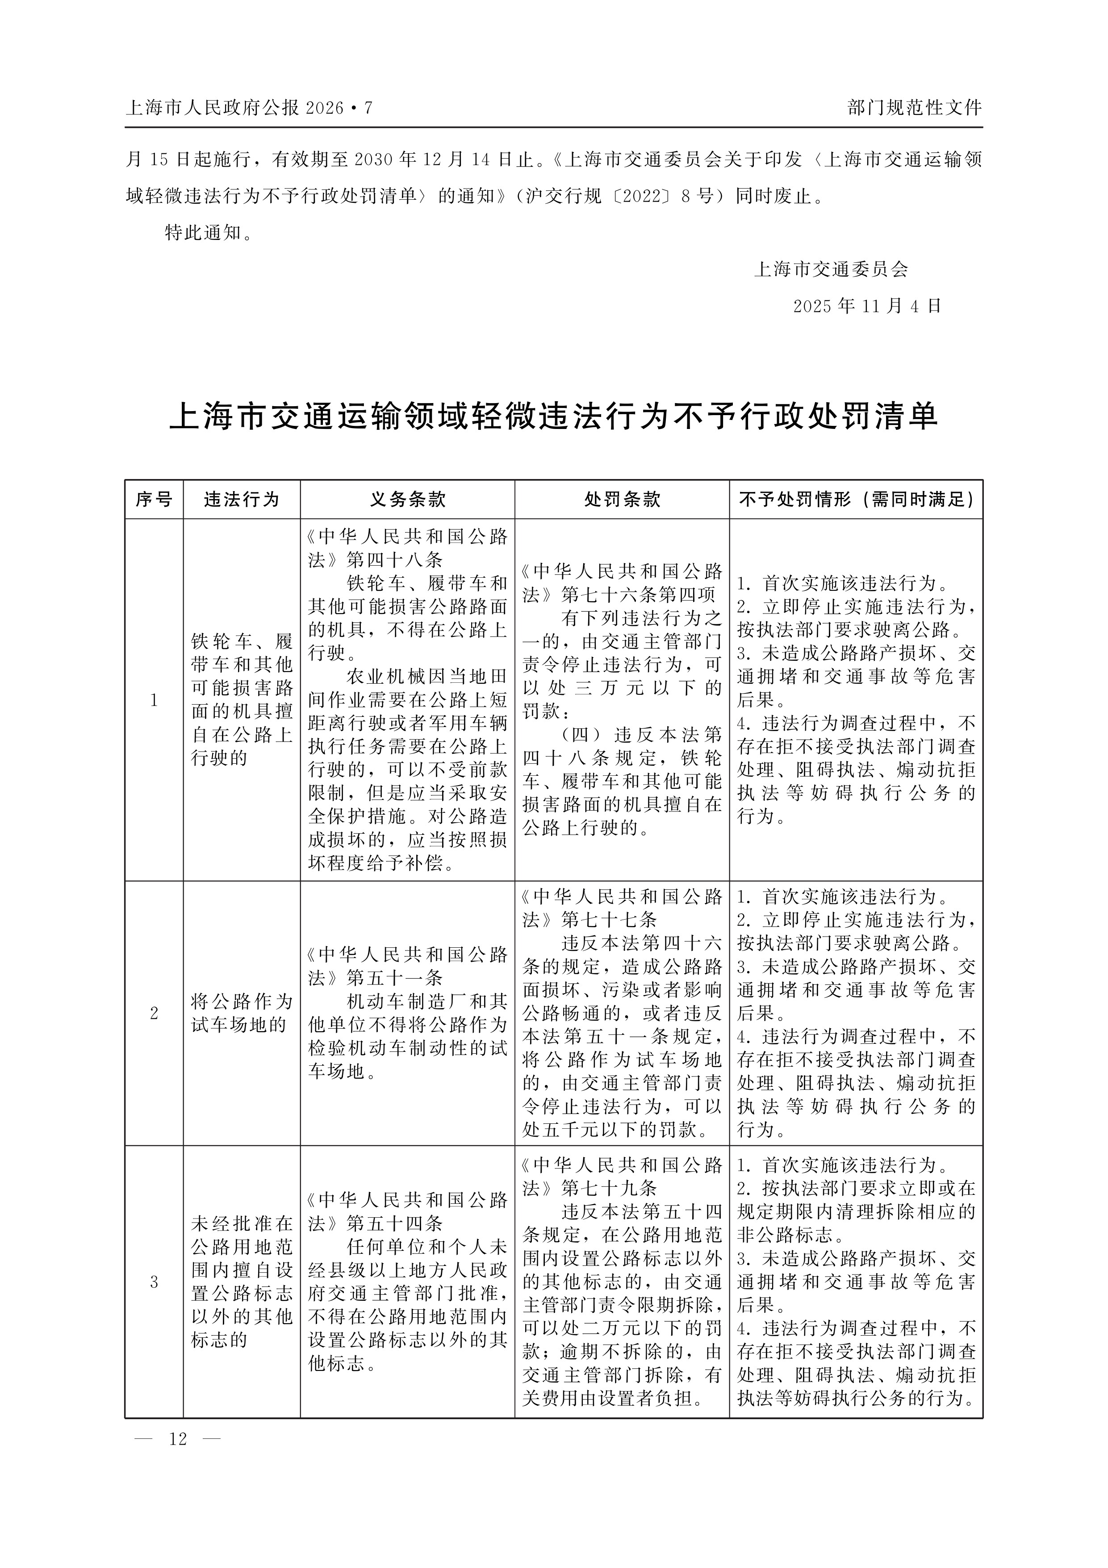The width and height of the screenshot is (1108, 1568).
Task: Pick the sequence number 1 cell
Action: pyautogui.click(x=154, y=700)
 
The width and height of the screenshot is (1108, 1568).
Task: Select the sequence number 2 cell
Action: pyautogui.click(x=154, y=1013)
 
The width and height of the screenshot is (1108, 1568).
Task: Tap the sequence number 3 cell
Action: pyautogui.click(x=154, y=1282)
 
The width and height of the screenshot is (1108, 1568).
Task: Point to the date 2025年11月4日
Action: pyautogui.click(x=867, y=306)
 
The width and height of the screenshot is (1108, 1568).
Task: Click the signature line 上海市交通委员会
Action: pyautogui.click(x=831, y=269)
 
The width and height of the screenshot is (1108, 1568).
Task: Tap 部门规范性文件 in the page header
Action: pyautogui.click(x=914, y=107)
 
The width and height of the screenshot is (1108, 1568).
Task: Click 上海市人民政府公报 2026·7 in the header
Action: pyautogui.click(x=249, y=108)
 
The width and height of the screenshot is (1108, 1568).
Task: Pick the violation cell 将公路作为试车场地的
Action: pyautogui.click(x=242, y=1013)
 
